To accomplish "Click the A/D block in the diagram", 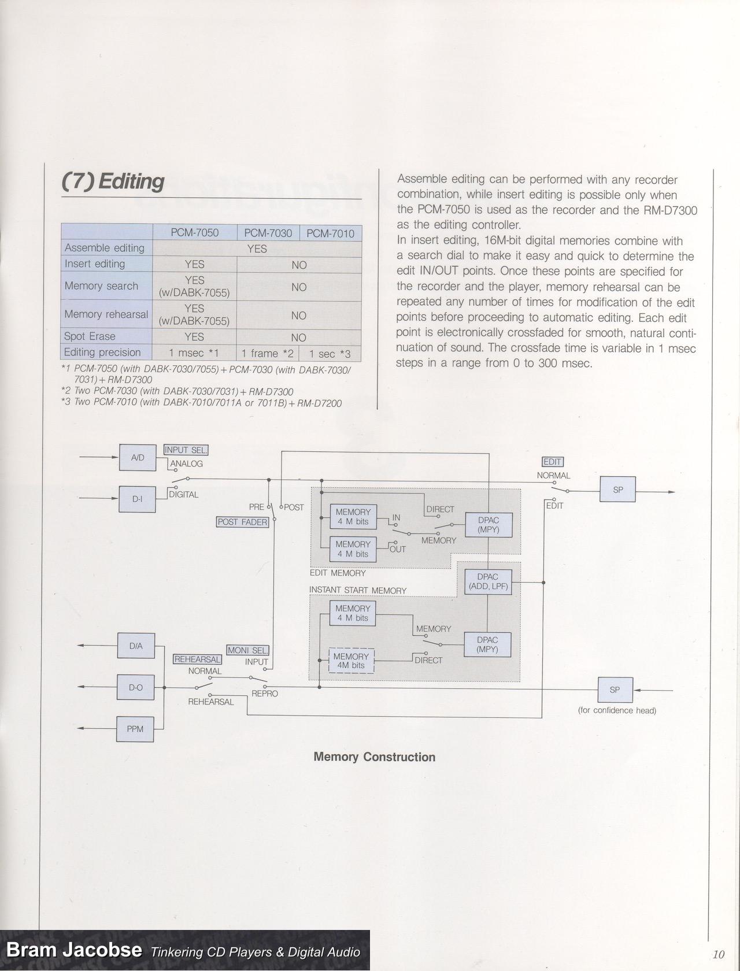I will [x=138, y=458].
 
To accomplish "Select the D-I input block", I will [x=137, y=499].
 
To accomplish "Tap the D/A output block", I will [x=136, y=646].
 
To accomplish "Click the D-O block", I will [x=136, y=688].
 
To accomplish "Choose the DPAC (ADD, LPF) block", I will [x=488, y=581].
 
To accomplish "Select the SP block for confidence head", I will [x=615, y=690].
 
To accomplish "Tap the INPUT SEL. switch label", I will [x=186, y=450].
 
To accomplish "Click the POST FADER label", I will [x=242, y=522].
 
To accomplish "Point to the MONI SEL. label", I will [x=247, y=650].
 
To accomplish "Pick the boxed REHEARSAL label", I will [x=197, y=659].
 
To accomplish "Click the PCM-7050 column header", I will [x=195, y=233].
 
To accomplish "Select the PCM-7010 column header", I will [x=330, y=234].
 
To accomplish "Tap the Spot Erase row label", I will [x=90, y=336].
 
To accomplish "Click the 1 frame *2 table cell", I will [x=268, y=353].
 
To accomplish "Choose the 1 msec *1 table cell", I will [x=194, y=353].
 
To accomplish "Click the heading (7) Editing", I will [x=113, y=181].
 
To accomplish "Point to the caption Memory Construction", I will [x=374, y=757].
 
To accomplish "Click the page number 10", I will [x=719, y=954].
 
